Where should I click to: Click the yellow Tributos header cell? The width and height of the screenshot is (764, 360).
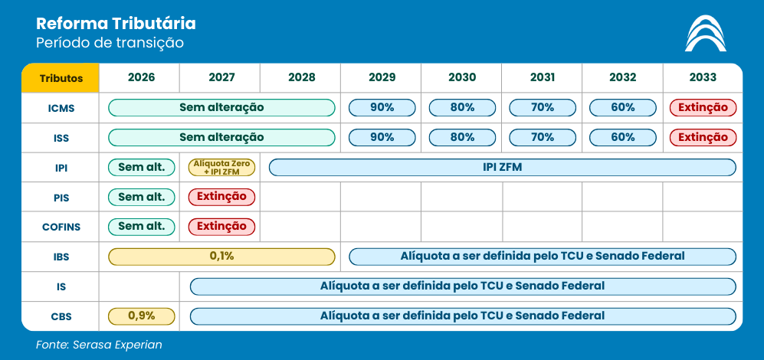point(61,78)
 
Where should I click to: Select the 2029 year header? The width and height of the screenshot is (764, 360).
point(382,77)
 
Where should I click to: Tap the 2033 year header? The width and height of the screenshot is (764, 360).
point(703,77)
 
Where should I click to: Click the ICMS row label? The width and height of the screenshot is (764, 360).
point(61,108)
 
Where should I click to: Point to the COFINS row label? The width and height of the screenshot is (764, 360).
point(61,227)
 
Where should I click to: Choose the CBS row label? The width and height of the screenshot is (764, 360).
point(61,316)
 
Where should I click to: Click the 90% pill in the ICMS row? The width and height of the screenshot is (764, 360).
point(382,108)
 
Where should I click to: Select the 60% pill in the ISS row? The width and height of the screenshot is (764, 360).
point(623,137)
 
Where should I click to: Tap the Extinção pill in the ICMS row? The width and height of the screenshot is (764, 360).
point(703,108)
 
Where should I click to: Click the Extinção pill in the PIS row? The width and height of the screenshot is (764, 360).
point(221,197)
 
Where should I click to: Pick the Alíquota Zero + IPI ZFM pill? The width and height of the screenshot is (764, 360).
point(221,167)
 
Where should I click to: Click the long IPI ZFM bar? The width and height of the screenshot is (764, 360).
point(503,167)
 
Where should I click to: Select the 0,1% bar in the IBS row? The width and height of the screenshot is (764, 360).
point(221,257)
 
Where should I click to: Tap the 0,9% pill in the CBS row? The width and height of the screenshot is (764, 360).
point(141,316)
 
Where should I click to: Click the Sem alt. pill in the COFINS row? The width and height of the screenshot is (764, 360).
point(141,227)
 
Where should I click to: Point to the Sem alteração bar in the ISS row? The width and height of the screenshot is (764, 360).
point(221,137)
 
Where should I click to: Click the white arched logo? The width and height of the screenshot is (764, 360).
point(705,33)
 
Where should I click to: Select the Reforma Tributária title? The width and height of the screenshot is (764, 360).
point(116,24)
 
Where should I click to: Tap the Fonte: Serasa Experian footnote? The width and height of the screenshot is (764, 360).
point(99,345)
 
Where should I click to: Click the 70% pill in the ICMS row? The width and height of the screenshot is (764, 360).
point(543,108)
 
